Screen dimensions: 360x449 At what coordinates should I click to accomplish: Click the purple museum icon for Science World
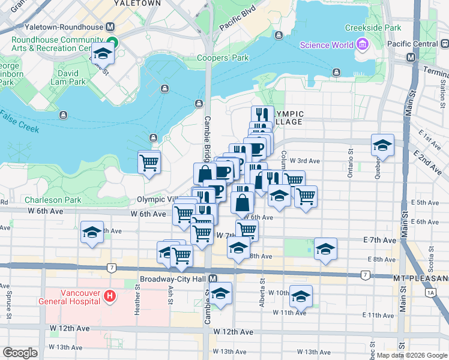point(361,44)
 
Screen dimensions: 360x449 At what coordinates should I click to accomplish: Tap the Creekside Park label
point(373,28)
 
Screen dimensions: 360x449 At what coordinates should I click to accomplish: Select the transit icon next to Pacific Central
point(444,44)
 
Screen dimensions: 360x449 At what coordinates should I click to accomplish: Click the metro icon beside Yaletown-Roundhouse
point(110,28)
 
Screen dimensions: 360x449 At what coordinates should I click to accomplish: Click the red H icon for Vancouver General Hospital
point(109,295)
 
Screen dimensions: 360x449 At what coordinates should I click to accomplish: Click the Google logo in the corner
point(20,353)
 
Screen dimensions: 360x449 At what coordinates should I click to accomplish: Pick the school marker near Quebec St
point(382,146)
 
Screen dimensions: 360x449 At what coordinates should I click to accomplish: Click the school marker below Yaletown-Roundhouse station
point(103,55)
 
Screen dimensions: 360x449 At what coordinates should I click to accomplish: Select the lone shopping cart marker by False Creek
point(149,161)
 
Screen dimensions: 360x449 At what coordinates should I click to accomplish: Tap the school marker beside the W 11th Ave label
point(300,297)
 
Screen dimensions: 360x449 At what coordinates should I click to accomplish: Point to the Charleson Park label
point(52,200)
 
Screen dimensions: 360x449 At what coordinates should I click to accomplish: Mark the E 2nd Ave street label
point(430,160)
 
